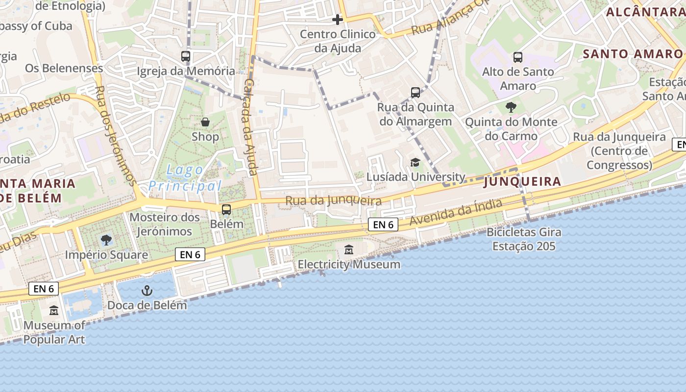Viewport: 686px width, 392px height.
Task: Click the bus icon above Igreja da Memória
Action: click(x=186, y=56)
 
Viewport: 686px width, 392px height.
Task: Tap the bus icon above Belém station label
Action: click(x=226, y=210)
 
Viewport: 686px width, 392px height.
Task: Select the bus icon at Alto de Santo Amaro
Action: click(x=518, y=57)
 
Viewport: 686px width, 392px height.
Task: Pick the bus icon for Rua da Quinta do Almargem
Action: click(x=416, y=93)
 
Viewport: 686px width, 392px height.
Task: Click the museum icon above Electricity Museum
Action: click(x=349, y=250)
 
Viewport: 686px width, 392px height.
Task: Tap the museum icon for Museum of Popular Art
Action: click(x=54, y=311)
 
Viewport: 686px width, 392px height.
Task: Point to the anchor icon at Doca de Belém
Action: click(x=147, y=291)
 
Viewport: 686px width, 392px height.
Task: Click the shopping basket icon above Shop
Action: click(x=205, y=122)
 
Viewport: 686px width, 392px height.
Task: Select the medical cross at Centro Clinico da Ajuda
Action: click(x=338, y=20)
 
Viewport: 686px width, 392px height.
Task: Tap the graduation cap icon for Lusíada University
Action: click(x=416, y=163)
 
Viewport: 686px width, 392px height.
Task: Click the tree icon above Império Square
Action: click(x=106, y=240)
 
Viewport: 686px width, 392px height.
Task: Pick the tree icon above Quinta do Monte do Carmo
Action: click(x=511, y=107)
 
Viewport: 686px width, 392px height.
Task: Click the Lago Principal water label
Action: click(x=185, y=178)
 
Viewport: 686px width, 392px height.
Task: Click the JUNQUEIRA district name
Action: click(x=522, y=182)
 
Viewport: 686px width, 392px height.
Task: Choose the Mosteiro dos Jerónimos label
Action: click(x=165, y=224)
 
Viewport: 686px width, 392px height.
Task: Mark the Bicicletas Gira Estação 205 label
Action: click(x=524, y=239)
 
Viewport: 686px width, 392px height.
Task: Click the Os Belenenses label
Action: click(x=64, y=68)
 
